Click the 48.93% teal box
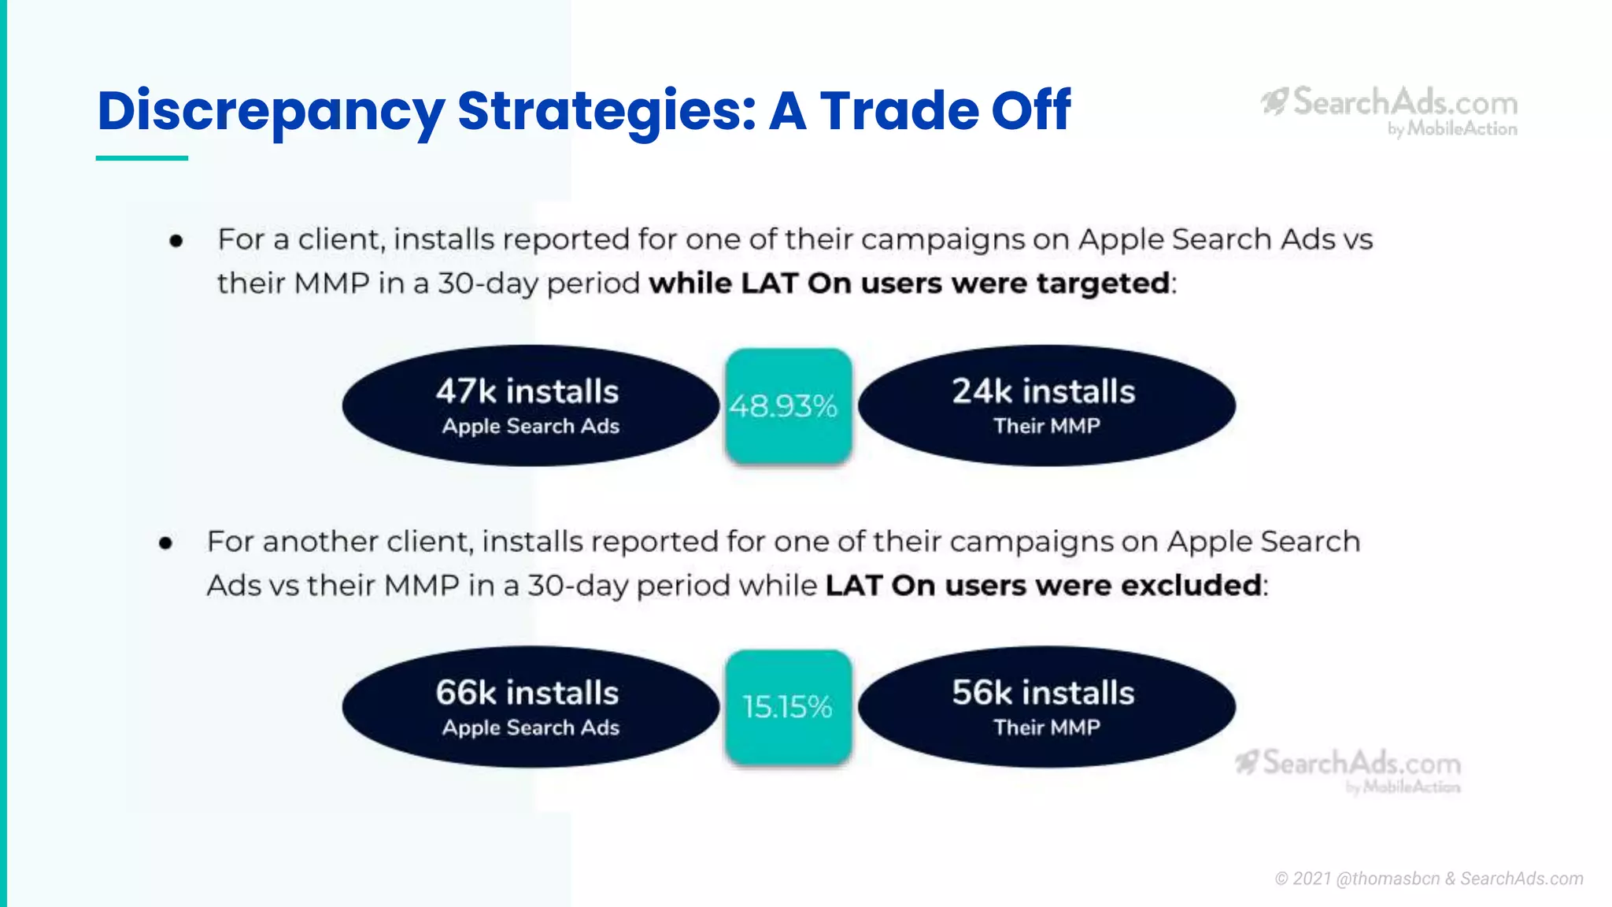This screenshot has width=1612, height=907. click(788, 405)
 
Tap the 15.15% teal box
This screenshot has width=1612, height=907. click(788, 706)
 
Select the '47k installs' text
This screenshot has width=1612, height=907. click(527, 391)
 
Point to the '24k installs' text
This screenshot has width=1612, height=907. click(1044, 391)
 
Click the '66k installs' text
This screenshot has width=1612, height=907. click(527, 693)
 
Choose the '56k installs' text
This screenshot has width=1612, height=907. click(1044, 693)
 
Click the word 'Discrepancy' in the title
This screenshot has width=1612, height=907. click(271, 111)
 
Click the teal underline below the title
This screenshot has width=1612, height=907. click(142, 158)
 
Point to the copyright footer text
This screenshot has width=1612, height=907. click(1429, 879)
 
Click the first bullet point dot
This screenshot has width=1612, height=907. click(176, 241)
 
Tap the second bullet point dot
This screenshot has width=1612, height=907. click(165, 543)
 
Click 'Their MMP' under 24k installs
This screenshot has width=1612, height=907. click(1047, 426)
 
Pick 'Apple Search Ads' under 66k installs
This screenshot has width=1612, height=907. click(531, 727)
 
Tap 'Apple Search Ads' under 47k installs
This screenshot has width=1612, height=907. click(531, 426)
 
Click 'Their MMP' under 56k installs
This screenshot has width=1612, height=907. click(1047, 727)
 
